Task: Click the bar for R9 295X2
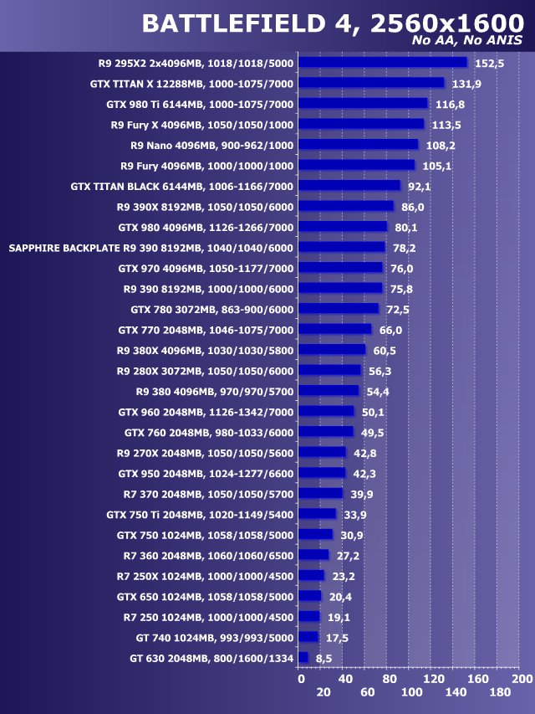382,62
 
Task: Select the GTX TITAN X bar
371,83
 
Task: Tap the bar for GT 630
303,658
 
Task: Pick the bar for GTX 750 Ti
317,514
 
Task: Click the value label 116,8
450,105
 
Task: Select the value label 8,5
321,659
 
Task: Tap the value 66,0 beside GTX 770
390,330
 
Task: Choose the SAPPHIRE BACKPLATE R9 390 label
151,248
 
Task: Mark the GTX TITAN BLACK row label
182,186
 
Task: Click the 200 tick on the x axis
522,679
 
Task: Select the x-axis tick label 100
411,693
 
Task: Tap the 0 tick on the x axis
301,679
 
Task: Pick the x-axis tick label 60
367,693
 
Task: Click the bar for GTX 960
326,412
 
